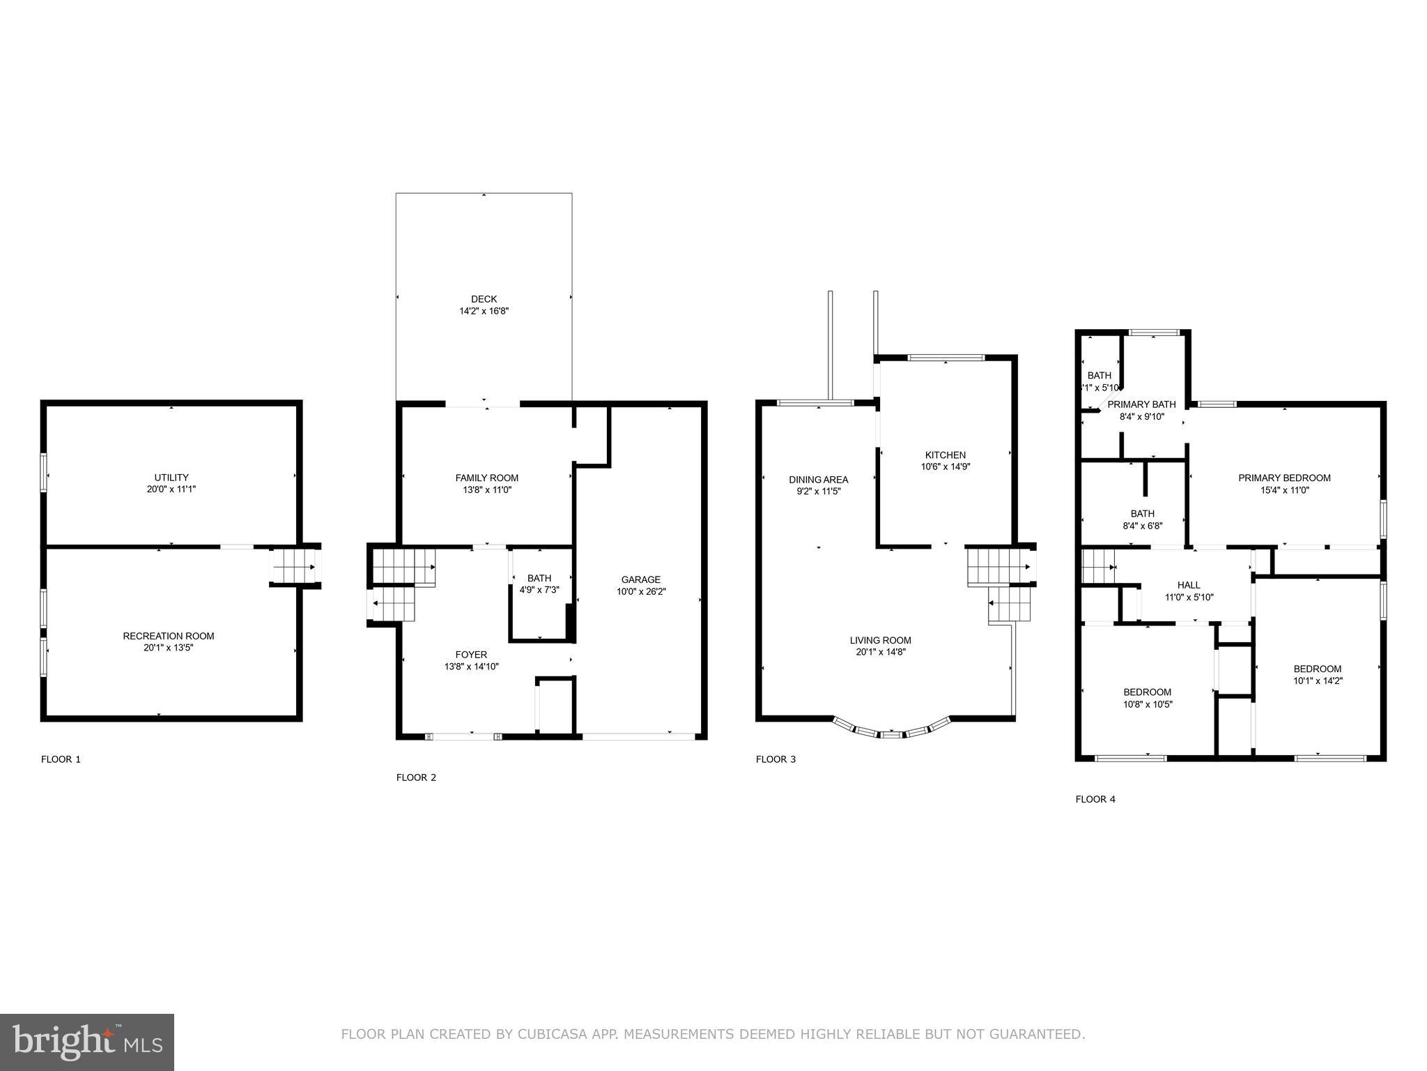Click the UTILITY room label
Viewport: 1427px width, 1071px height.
(171, 478)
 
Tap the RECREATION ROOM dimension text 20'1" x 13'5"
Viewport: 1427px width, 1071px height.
(168, 648)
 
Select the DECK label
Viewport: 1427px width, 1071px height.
(484, 299)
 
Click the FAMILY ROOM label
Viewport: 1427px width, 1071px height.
(486, 478)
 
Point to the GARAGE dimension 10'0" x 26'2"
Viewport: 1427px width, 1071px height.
(640, 591)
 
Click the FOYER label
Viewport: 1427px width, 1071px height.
(471, 654)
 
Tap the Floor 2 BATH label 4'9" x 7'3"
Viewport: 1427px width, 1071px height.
(539, 584)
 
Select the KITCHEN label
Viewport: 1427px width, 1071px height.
(945, 455)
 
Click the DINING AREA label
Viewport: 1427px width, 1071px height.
(818, 479)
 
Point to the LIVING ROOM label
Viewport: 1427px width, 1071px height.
(880, 640)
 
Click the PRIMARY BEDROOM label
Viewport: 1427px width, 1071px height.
(1283, 478)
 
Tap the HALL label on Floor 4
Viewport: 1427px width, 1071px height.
(1189, 585)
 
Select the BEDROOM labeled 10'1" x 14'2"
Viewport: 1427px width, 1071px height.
(1317, 669)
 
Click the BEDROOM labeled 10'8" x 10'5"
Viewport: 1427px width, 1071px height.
(1147, 692)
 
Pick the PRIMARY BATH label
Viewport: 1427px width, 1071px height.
(1141, 404)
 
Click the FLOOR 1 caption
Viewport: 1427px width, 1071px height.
(61, 759)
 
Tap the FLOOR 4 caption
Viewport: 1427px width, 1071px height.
(1095, 799)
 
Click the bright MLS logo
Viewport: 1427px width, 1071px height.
(87, 1042)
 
